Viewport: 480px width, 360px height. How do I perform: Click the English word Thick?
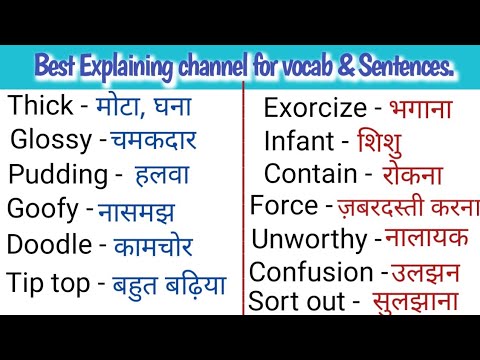(x=41, y=106)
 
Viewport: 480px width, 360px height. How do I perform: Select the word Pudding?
(x=57, y=174)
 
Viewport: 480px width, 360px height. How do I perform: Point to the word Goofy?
(x=42, y=209)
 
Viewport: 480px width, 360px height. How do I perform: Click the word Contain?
(x=310, y=174)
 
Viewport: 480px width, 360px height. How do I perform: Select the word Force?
(x=283, y=208)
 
